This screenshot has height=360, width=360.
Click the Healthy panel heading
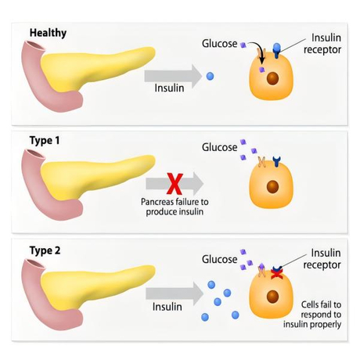click(48, 33)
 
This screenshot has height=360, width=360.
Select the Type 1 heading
click(45, 141)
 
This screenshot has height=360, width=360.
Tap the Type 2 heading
click(45, 250)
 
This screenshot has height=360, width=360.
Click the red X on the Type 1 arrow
click(175, 184)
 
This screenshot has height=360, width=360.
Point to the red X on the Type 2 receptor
click(277, 273)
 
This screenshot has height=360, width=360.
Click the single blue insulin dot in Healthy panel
click(210, 76)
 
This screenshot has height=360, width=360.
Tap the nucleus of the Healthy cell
click(273, 78)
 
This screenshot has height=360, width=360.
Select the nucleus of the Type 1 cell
click(273, 186)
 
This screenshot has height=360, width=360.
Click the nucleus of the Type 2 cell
click(273, 297)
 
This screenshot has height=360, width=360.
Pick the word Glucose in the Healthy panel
click(219, 44)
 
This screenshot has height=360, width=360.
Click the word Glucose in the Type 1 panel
click(219, 147)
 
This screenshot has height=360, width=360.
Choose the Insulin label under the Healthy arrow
click(169, 88)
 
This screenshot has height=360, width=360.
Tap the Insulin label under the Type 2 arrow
click(167, 307)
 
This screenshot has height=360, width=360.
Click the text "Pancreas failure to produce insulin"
click(175, 207)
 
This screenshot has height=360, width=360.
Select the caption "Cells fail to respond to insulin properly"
click(312, 315)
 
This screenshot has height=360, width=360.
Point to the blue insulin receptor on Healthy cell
click(277, 50)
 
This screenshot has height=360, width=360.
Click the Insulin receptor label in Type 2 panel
click(322, 259)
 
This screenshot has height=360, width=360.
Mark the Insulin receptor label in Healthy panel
click(322, 44)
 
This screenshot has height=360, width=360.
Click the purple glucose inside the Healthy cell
click(261, 70)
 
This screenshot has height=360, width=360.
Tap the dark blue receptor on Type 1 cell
click(277, 161)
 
